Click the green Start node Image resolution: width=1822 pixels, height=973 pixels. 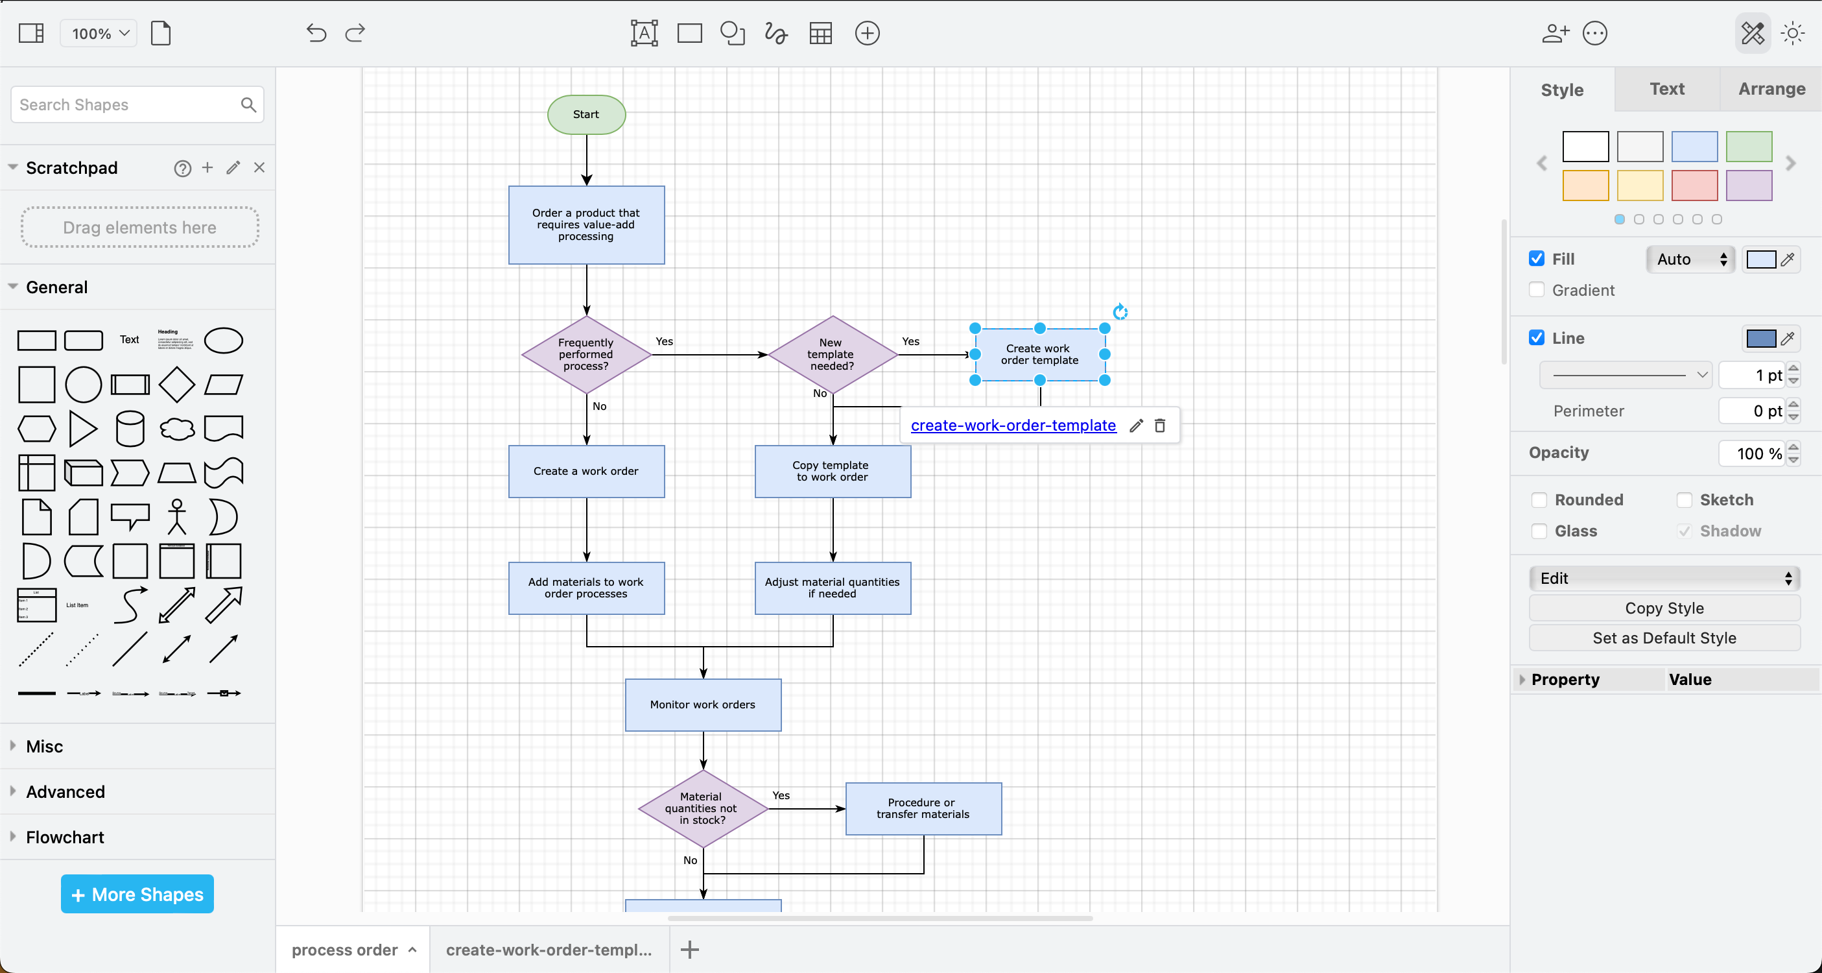point(586,115)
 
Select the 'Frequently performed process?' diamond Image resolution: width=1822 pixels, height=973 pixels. point(586,355)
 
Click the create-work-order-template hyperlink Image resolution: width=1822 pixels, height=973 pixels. point(1013,426)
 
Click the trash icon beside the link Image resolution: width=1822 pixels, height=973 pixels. point(1160,426)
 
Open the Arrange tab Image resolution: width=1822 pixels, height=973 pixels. point(1771,89)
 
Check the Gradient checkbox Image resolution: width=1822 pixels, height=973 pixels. point(1536,290)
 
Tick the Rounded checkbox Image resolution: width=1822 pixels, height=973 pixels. point(1539,499)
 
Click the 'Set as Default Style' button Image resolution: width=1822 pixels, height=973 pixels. point(1664,638)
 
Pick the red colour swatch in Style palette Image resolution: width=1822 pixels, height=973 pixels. point(1694,186)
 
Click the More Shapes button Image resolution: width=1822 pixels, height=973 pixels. point(137,894)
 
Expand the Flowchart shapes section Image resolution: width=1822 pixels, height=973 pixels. point(65,837)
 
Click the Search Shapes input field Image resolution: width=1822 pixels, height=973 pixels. point(127,104)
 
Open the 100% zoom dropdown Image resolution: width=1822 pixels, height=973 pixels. point(100,33)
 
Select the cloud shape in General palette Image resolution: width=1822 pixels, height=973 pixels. point(177,429)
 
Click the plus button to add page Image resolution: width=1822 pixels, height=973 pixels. point(690,950)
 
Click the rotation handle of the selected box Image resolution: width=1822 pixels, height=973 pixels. point(1120,312)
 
